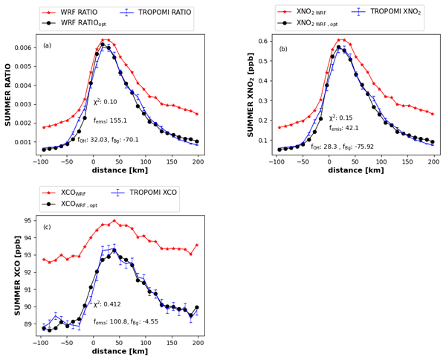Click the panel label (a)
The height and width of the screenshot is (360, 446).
pos(48,45)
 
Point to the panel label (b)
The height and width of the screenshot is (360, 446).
pos(283,49)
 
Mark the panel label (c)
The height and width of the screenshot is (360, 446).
pos(48,227)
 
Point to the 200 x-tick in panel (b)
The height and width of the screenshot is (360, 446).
pos(433,162)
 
